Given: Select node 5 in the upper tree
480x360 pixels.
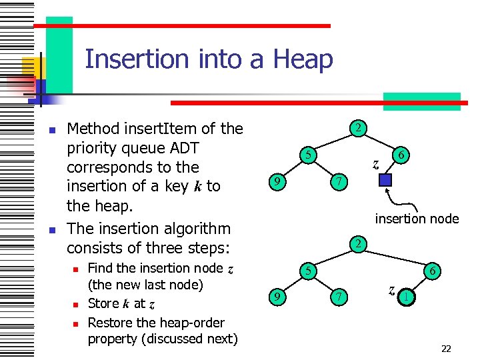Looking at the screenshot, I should [x=307, y=155].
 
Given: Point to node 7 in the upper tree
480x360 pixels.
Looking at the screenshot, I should [x=339, y=181].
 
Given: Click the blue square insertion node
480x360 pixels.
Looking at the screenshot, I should [x=385, y=181].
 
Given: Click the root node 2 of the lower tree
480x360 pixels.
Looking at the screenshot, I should [x=358, y=244].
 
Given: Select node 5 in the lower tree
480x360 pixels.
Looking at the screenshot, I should [x=307, y=271].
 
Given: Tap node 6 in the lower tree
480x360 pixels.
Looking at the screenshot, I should [x=433, y=271].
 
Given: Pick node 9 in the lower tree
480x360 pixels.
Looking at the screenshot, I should [x=275, y=297].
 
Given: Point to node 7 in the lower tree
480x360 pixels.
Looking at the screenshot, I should [x=339, y=297].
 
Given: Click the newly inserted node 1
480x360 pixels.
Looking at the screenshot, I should [x=405, y=297].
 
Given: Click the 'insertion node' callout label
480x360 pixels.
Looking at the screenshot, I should [x=417, y=219].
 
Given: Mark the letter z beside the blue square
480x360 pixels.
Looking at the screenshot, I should [x=376, y=163].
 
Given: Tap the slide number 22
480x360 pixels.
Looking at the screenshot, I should [x=446, y=348].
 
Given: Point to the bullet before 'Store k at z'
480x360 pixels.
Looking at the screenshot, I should [x=76, y=305].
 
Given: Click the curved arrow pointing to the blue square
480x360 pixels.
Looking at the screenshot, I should [x=395, y=201].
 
